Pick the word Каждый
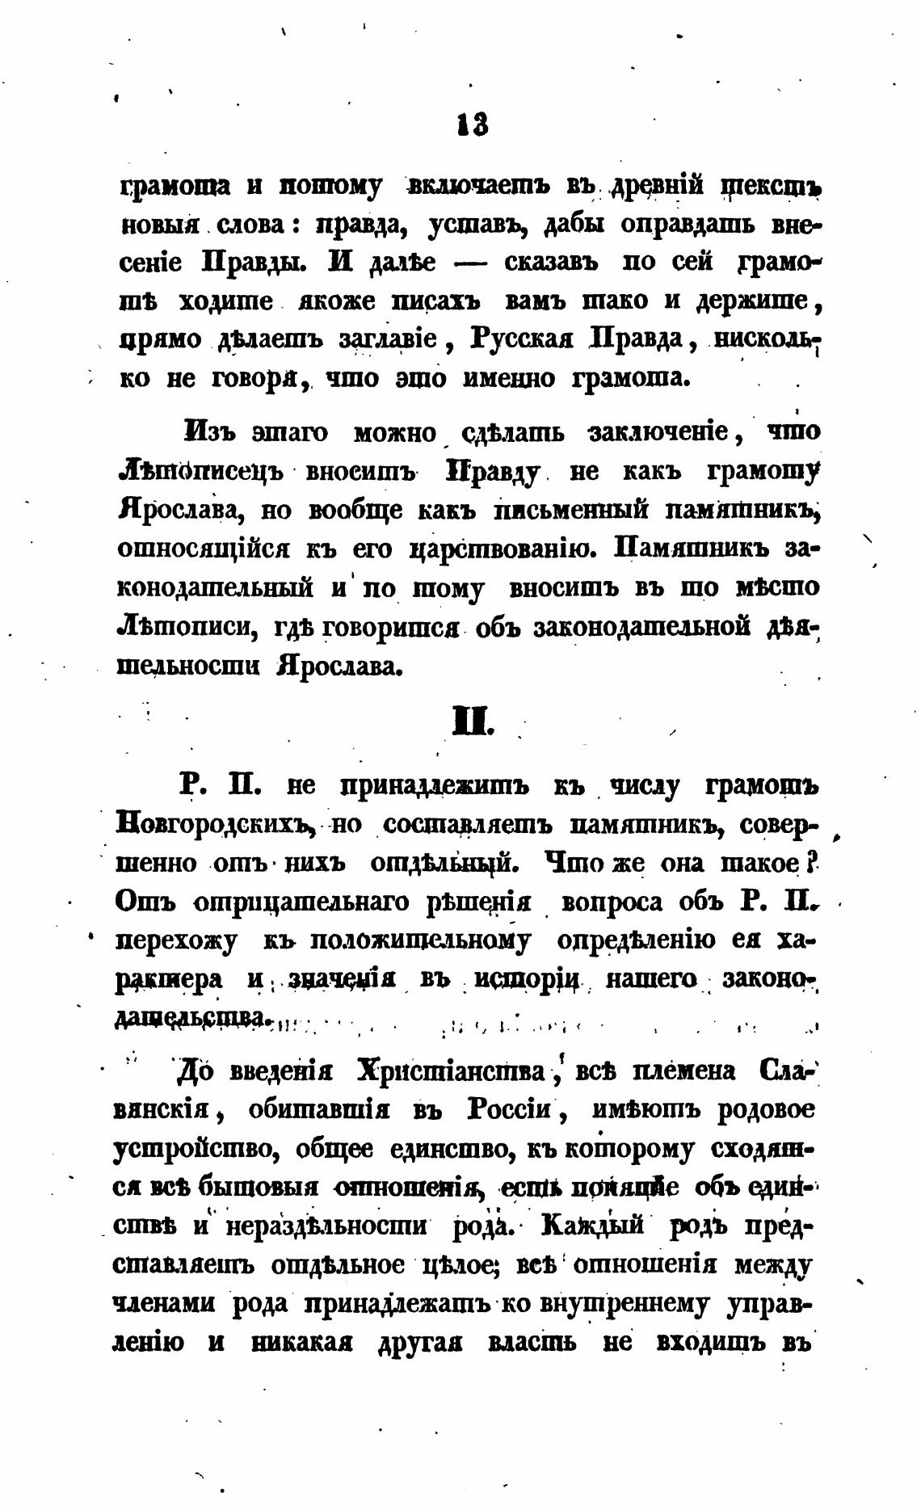coord(595,1225)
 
